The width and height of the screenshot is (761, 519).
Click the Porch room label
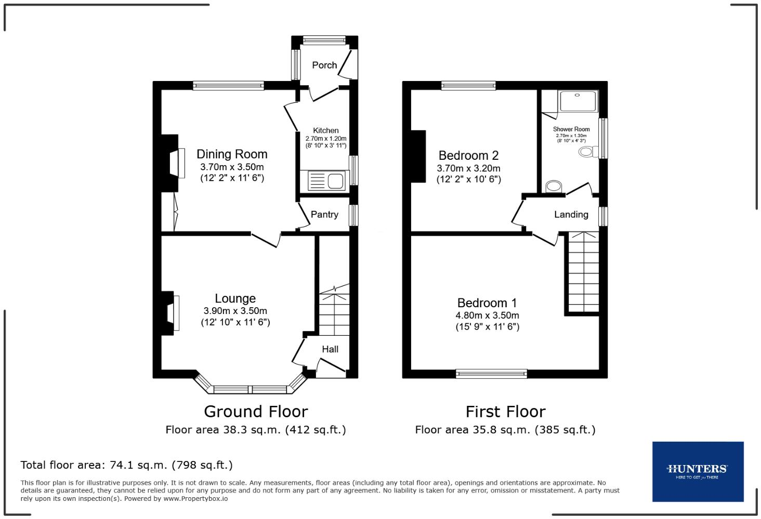[324, 65]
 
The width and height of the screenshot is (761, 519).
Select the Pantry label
[324, 214]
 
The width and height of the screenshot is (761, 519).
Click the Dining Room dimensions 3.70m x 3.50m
[232, 167]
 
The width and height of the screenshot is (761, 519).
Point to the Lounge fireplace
[170, 312]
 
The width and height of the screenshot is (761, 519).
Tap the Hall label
[330, 349]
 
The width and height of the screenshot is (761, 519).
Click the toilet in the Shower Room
[587, 152]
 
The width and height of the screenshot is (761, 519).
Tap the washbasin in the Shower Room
[555, 186]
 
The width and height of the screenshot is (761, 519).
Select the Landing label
[571, 214]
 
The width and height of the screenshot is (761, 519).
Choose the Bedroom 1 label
[487, 303]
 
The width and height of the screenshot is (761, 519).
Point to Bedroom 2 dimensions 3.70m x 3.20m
[468, 168]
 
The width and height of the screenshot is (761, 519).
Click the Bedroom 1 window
[491, 373]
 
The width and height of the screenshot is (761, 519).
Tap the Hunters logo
[698, 471]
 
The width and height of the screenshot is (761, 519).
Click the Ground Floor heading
[256, 412]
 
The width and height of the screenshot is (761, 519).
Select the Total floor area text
[126, 465]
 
